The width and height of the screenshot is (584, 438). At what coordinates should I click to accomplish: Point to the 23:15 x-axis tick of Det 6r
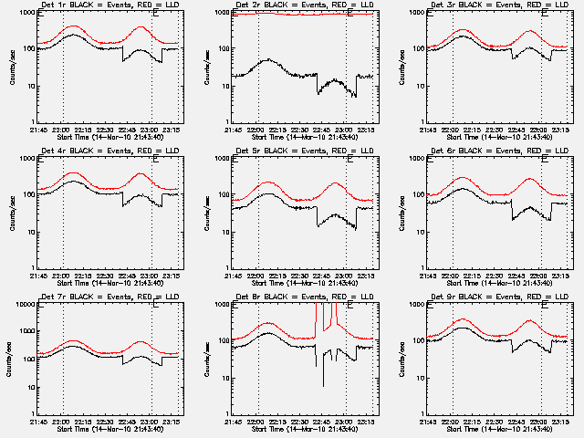coord(562,275)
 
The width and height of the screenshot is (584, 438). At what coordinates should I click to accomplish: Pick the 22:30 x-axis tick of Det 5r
coord(301,275)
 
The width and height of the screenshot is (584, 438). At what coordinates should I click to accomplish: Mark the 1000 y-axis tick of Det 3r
coord(416,13)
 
